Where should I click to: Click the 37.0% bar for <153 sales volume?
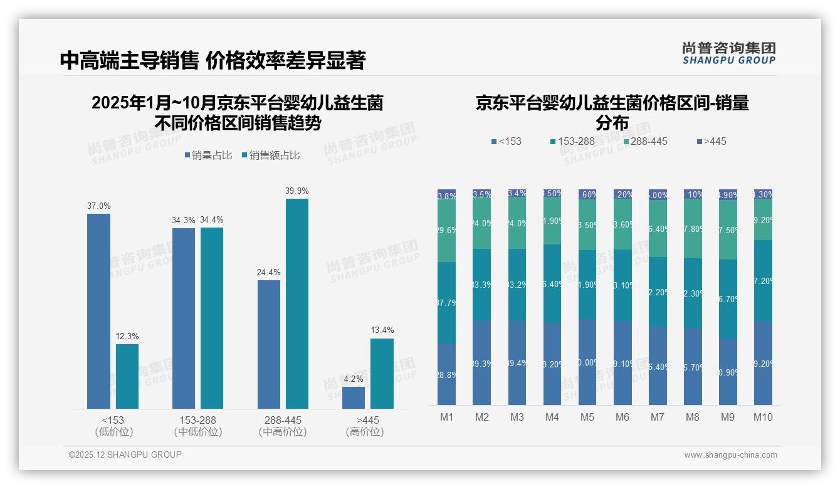98,311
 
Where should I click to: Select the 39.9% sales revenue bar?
297,303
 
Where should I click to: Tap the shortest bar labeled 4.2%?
354,397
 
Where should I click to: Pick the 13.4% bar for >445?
382,374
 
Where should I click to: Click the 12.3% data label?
127,337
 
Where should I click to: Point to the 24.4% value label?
269,273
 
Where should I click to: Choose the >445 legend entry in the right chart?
710,142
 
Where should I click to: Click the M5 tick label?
587,418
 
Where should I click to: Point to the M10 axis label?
763,418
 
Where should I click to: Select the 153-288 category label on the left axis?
197,420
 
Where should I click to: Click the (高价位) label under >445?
365,432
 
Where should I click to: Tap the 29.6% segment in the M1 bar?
447,230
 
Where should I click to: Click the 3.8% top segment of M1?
447,196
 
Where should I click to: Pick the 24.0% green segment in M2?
482,224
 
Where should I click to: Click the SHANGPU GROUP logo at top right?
728,53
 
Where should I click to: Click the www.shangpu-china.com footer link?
730,455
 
